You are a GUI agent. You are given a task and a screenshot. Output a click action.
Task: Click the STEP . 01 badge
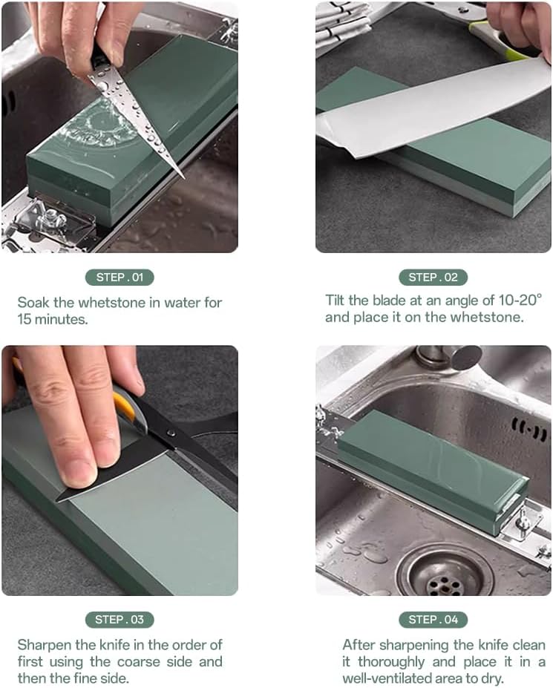[120, 278]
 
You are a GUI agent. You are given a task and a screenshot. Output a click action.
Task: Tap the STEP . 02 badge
[433, 278]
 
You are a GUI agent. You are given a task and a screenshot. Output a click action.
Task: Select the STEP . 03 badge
[120, 619]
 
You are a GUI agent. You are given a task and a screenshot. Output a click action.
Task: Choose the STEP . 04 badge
[433, 619]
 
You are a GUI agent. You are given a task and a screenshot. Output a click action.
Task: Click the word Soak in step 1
[33, 303]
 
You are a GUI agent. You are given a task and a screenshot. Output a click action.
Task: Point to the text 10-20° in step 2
[517, 300]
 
